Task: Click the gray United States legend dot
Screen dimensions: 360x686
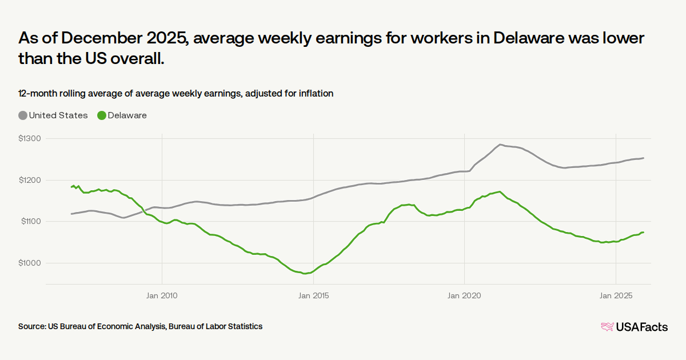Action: click(x=23, y=115)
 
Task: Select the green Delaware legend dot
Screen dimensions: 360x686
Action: click(x=102, y=115)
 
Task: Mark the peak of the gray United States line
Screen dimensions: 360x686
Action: click(x=500, y=145)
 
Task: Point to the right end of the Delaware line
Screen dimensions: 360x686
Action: click(x=643, y=232)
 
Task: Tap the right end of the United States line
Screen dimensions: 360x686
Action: click(x=643, y=158)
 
